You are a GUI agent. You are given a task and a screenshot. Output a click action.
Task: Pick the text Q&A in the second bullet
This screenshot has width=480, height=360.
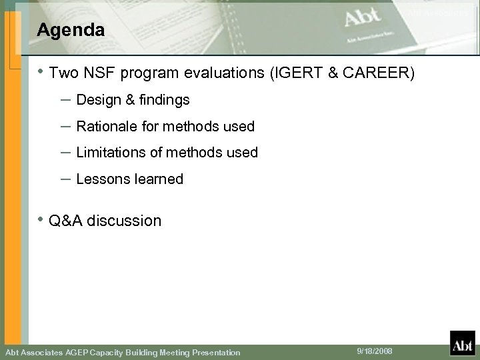[67, 221]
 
